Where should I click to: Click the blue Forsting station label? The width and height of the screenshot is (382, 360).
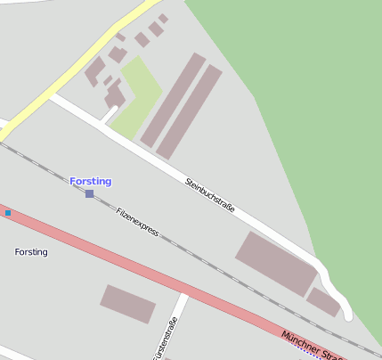click(x=91, y=182)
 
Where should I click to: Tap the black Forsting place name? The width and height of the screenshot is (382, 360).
click(x=31, y=252)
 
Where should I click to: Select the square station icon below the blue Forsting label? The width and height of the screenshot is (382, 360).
click(x=89, y=193)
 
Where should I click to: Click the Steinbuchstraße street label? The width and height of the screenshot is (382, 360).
click(x=210, y=195)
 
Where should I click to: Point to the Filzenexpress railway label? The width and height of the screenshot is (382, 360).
click(x=137, y=221)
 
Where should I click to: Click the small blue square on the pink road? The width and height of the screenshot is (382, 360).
click(x=8, y=212)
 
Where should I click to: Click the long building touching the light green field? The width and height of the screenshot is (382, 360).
click(x=172, y=100)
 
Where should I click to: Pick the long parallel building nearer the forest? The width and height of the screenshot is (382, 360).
click(x=190, y=110)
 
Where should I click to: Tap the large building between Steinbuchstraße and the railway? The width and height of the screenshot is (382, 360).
click(x=275, y=262)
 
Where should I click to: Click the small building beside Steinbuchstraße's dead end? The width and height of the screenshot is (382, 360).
click(x=323, y=301)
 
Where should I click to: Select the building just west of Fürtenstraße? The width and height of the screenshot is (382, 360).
click(x=127, y=303)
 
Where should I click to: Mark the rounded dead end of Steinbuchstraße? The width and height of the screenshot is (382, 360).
click(x=345, y=314)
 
